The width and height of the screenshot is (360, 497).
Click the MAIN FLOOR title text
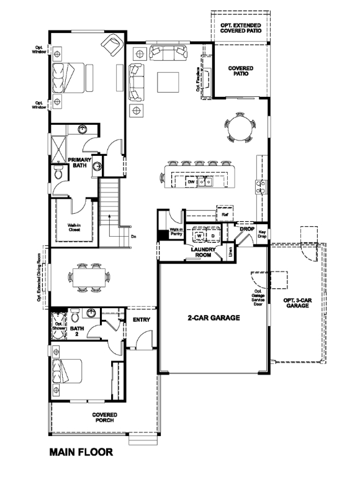click(81, 452)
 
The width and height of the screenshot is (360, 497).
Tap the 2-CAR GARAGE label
click(214, 317)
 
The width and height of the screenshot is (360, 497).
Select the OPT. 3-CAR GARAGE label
click(297, 304)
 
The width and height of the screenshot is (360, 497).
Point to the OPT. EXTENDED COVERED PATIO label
click(240, 27)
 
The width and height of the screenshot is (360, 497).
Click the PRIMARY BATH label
click(80, 162)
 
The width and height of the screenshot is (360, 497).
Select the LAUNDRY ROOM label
click(202, 252)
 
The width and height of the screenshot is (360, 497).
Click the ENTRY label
click(140, 319)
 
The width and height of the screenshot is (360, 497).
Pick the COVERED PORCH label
click(105, 417)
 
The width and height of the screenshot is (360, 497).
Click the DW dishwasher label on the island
click(191, 182)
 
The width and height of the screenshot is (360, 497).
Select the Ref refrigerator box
click(225, 214)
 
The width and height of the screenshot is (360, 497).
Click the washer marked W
click(199, 236)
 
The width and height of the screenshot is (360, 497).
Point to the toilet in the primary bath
click(58, 175)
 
